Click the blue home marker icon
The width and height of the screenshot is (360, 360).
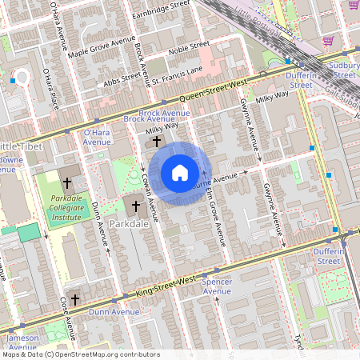180,172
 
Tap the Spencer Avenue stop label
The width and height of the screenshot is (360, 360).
217,286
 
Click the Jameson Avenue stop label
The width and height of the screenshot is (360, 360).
23,342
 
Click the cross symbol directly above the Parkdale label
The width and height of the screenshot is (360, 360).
136,207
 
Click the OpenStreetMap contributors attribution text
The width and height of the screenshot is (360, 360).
80,354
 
